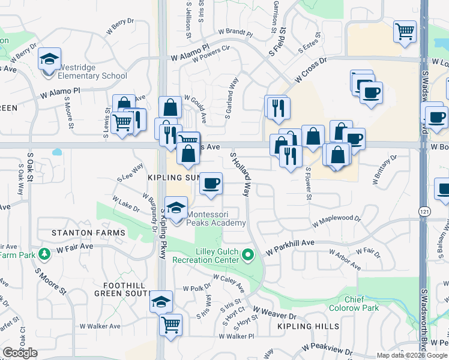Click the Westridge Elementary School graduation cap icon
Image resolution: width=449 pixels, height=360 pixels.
50,59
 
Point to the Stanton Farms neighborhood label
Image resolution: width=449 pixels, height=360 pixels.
80,232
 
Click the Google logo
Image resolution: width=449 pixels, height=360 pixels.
20,353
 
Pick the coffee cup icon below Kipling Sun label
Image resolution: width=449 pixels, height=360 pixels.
210,182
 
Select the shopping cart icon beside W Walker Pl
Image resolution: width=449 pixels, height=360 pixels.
171,325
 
